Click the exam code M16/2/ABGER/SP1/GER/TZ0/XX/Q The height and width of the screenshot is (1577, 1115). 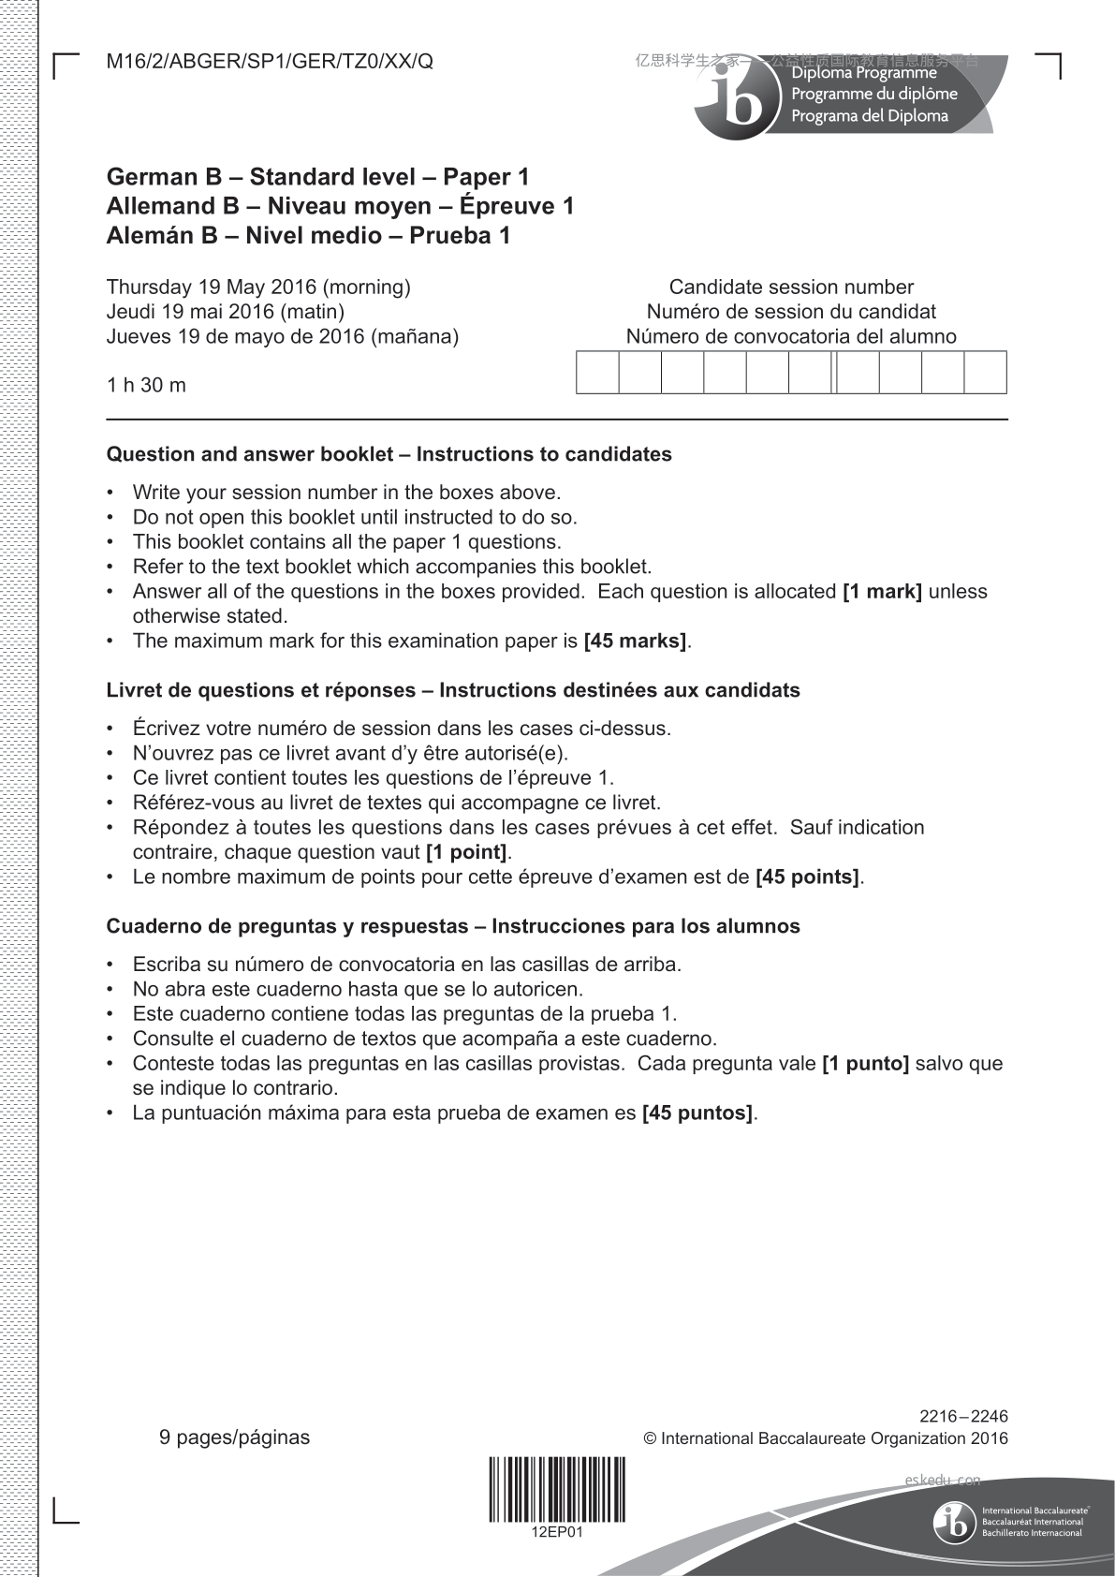(x=270, y=63)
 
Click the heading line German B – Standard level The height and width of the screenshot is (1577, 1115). (x=317, y=177)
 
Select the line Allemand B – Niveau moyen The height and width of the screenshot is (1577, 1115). (x=340, y=206)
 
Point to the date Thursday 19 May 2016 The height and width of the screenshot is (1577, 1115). (x=258, y=287)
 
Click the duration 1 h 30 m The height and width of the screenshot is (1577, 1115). (x=146, y=385)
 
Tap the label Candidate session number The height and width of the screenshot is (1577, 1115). (x=791, y=287)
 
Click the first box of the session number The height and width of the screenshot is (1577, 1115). (x=597, y=373)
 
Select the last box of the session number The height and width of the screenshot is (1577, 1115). (x=985, y=373)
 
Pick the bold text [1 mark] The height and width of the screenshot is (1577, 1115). (x=882, y=592)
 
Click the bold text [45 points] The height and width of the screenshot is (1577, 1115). (x=807, y=877)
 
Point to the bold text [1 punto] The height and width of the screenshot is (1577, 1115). (x=865, y=1064)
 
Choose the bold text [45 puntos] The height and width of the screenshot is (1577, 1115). (x=697, y=1113)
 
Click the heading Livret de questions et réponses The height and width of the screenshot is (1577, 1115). (x=453, y=691)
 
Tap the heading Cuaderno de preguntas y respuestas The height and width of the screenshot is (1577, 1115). (x=453, y=927)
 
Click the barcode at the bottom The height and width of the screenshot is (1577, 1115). (x=557, y=1489)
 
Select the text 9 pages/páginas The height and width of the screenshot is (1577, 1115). (x=234, y=1437)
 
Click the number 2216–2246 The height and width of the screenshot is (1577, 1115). (x=963, y=1417)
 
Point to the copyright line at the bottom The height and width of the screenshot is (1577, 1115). (x=826, y=1439)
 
